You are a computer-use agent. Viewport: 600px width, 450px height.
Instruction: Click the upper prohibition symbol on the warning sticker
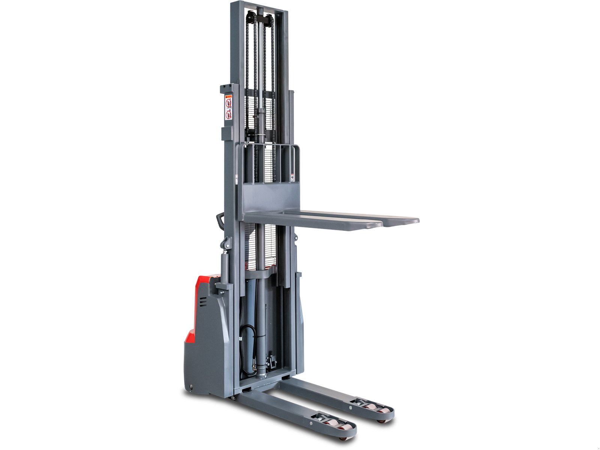point(228,102)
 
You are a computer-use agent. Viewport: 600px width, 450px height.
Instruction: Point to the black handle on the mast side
point(220,221)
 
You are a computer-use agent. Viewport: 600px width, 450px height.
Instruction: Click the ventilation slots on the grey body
point(203,302)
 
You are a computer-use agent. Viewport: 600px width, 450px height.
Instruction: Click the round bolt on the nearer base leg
point(321,424)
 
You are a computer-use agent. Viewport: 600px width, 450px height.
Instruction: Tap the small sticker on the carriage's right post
point(291,176)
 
